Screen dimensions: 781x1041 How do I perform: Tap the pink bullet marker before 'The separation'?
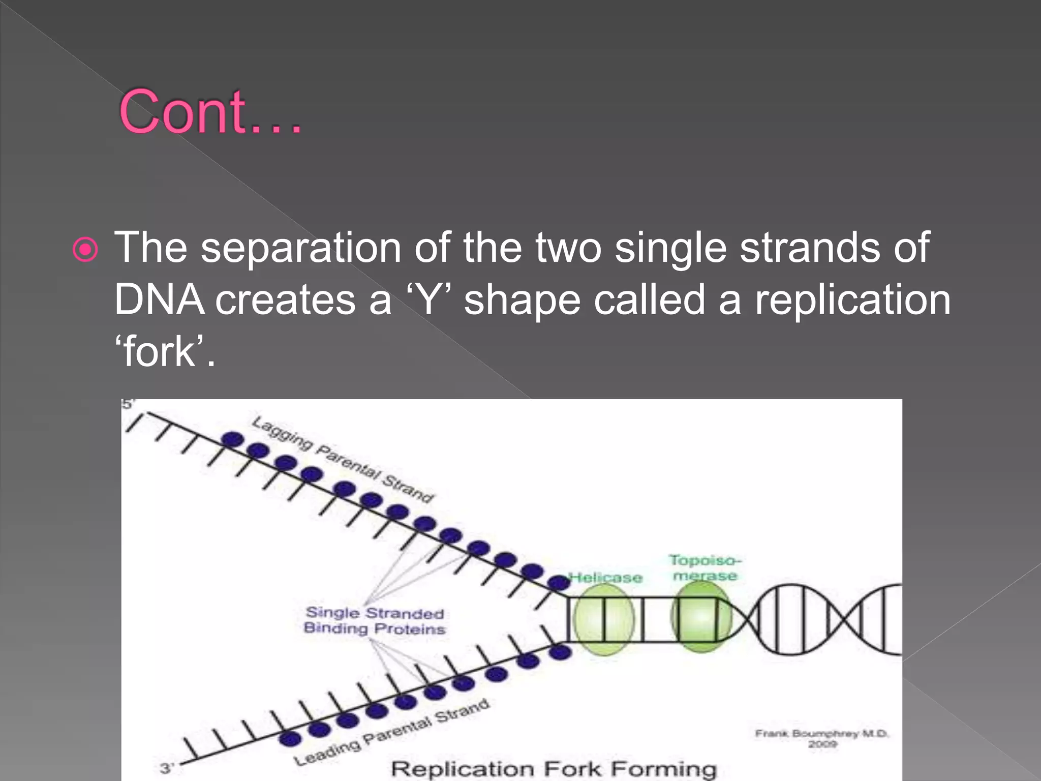pos(85,250)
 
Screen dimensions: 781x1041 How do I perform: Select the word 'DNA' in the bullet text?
pos(159,300)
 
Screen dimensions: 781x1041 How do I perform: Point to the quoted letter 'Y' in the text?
pos(429,300)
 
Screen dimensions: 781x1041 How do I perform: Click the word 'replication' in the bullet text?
pos(852,300)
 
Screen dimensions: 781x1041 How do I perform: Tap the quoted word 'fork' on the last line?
pos(159,352)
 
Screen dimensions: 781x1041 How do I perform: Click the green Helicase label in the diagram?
pos(606,578)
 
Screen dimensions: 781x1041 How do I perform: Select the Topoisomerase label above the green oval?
pos(705,568)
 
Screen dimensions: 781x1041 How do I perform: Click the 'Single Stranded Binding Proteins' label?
pos(375,621)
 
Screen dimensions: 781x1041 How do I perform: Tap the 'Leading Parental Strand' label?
pos(392,733)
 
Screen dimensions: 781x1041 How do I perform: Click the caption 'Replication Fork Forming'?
pos(554,768)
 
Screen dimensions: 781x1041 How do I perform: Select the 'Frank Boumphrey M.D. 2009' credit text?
pos(821,738)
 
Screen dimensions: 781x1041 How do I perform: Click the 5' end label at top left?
pos(127,404)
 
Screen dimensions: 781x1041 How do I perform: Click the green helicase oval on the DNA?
pos(604,619)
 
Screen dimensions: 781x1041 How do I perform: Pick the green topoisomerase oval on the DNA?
pos(701,617)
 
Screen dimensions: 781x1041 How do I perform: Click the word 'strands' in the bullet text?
pos(809,248)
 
